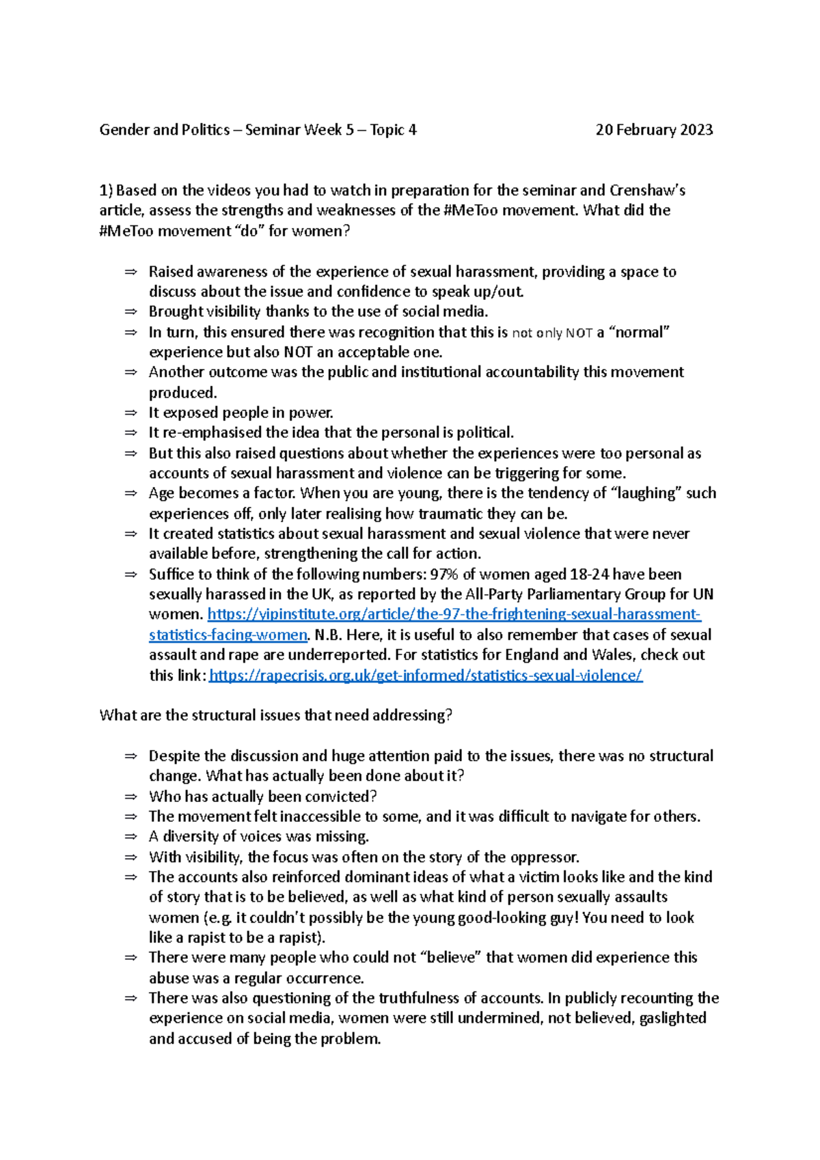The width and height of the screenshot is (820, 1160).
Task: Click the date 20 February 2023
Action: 654,130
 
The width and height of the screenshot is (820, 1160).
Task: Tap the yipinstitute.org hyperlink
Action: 454,614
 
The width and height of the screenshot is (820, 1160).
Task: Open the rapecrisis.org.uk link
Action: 425,676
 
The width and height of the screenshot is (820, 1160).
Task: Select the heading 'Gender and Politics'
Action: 164,130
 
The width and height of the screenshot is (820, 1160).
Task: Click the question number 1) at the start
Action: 106,190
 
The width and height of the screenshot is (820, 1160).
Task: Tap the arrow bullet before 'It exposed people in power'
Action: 131,413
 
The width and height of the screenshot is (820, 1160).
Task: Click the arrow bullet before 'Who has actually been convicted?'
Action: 131,797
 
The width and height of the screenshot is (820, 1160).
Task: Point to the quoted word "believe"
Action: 454,958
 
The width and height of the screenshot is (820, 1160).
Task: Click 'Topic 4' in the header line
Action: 393,130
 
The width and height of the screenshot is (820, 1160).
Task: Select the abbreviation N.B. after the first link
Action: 329,635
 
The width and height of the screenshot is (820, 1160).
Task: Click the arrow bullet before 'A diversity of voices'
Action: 131,837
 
